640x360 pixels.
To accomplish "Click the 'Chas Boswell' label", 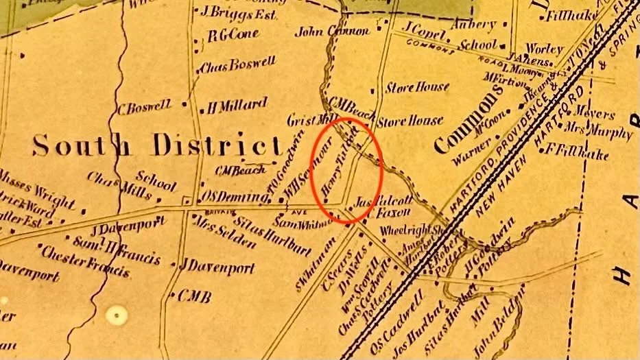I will click(x=237, y=66).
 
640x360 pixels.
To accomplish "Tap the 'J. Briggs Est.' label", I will click(x=229, y=11).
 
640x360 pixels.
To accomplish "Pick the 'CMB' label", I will click(x=194, y=297).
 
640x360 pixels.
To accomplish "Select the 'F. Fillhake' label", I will click(x=578, y=152).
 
